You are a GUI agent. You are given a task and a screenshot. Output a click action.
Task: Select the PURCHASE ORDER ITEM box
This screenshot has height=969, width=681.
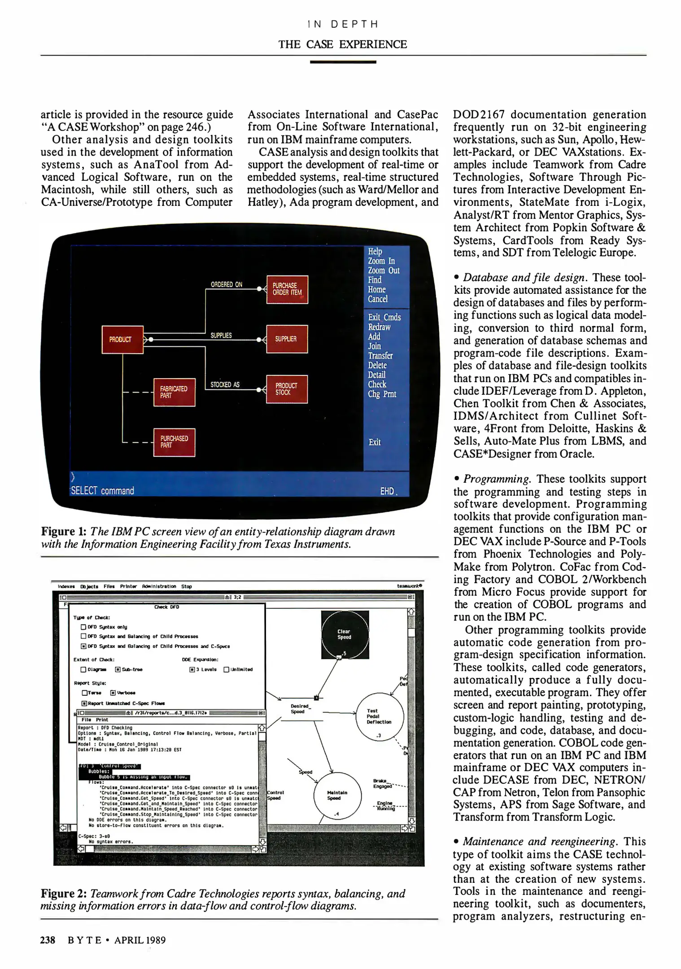click(x=287, y=289)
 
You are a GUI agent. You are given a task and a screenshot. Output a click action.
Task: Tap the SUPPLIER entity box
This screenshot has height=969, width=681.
click(x=287, y=339)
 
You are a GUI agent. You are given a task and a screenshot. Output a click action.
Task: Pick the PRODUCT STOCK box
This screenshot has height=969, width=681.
click(x=287, y=388)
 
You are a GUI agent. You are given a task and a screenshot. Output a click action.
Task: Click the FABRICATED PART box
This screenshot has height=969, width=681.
click(x=174, y=392)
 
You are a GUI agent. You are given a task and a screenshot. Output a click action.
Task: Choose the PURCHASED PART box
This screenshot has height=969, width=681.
click(x=174, y=441)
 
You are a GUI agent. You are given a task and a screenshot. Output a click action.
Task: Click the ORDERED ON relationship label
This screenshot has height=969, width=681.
click(x=227, y=284)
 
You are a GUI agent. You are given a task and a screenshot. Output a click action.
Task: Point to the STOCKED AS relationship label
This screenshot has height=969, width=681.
click(x=225, y=384)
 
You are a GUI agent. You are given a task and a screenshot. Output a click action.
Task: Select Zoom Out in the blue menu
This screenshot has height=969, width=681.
click(x=383, y=271)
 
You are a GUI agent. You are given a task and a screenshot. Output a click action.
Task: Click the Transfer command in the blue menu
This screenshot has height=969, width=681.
click(x=380, y=355)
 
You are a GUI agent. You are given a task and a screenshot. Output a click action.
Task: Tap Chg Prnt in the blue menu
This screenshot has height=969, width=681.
click(x=382, y=394)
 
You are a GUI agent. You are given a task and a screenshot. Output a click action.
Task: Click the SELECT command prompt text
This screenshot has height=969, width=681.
click(x=102, y=491)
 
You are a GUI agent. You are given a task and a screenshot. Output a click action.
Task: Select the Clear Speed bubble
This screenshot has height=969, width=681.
click(x=345, y=634)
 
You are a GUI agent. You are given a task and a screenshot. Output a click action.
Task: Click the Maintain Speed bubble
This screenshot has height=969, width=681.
click(x=337, y=795)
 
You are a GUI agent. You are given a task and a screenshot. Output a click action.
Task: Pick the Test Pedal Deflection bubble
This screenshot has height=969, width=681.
click(x=379, y=716)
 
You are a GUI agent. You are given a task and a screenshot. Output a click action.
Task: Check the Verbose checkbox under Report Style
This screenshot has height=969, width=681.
click(x=113, y=693)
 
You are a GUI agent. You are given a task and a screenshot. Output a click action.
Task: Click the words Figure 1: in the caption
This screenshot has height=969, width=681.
click(x=63, y=532)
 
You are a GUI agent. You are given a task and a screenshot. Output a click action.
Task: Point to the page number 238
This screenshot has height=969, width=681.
click(x=48, y=940)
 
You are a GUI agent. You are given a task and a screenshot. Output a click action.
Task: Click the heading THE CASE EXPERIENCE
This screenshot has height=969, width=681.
click(x=342, y=44)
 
